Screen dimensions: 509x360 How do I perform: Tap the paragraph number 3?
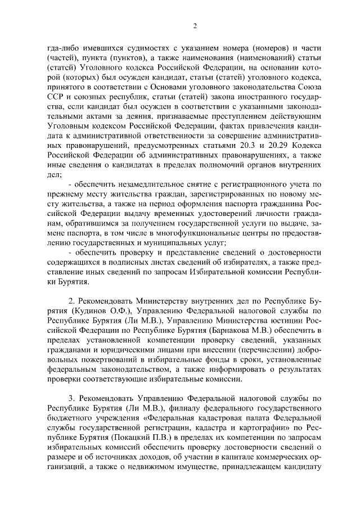coord(71,407)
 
